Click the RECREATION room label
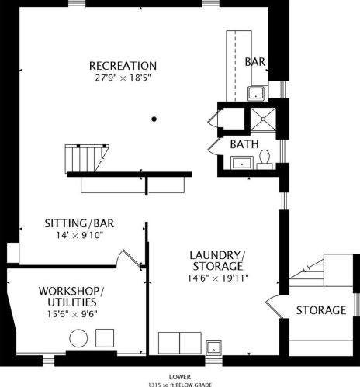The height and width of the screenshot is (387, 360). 123,66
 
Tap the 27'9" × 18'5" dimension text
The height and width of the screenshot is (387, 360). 123,78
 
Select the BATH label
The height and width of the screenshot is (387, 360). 244,144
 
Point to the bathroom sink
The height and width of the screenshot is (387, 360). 242,163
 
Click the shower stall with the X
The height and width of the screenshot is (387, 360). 263,119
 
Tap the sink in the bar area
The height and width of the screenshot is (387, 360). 256,93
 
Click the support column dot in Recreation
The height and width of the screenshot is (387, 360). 154,119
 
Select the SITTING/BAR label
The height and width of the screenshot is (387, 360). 79,223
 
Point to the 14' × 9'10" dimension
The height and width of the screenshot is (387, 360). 80,235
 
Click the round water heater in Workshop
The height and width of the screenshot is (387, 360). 78,338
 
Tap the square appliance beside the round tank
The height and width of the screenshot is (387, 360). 105,338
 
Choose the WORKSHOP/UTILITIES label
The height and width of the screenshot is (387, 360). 71,296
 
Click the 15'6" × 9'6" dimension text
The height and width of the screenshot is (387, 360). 72,314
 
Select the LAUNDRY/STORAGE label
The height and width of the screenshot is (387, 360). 218,261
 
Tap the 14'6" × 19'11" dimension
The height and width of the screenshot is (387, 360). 218,278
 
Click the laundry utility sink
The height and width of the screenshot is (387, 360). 213,347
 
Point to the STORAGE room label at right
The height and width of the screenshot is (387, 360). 321,310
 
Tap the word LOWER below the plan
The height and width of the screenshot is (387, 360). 180,377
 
